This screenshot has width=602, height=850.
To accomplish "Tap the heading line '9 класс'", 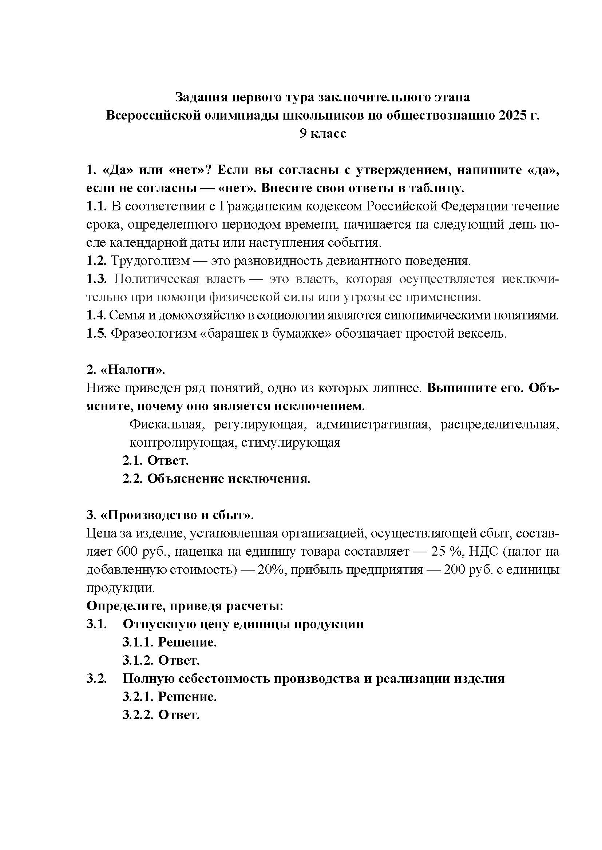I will (x=322, y=133).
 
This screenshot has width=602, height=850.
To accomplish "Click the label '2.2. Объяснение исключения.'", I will (x=217, y=479).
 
